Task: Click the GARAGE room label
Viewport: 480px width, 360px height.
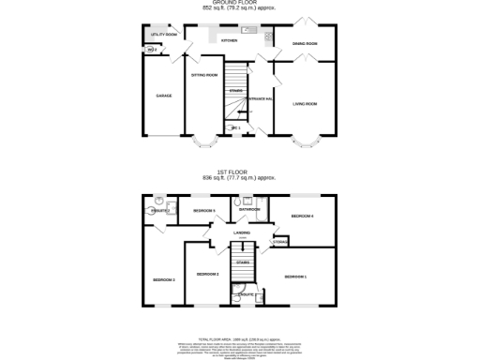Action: (x=162, y=97)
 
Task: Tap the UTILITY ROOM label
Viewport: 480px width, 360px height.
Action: (x=163, y=34)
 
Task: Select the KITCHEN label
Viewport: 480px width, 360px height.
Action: (x=229, y=41)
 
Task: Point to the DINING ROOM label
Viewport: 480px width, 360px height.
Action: (x=305, y=44)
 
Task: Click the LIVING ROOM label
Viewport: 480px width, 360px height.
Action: (x=305, y=103)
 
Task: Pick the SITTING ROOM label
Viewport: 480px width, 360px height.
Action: (x=204, y=74)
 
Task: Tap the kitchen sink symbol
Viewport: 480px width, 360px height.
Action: (x=250, y=31)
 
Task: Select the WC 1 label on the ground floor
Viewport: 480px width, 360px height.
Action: (x=236, y=127)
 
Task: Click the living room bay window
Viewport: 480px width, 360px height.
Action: (x=305, y=145)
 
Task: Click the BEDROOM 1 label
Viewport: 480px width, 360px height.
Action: (x=296, y=276)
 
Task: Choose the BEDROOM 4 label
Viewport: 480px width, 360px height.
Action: (x=301, y=217)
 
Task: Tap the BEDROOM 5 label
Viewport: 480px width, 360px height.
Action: (x=204, y=211)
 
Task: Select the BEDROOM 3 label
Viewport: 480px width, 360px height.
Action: (x=163, y=279)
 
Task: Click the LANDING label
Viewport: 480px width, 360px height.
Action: (x=241, y=232)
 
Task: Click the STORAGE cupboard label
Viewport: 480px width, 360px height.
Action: (x=279, y=243)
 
